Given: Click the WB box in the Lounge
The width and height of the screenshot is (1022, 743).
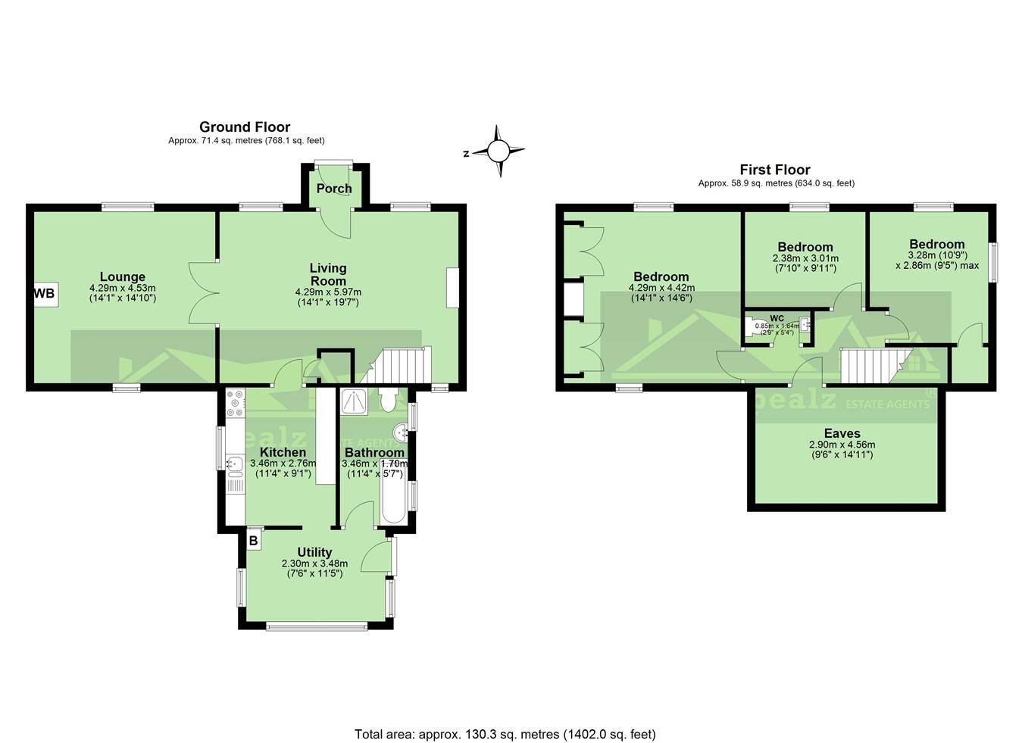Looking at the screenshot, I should point(45,294).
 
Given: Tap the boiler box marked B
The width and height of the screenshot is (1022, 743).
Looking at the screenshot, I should point(254,541).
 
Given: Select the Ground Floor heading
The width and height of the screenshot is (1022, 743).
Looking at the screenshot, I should point(245,127).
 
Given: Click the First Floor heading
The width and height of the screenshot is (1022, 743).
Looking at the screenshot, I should point(775,170).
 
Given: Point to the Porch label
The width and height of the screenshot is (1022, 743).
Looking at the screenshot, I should point(334,189).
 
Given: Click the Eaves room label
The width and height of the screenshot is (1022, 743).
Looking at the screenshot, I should point(842,434).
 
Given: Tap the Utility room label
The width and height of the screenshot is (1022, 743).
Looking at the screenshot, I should point(314,552).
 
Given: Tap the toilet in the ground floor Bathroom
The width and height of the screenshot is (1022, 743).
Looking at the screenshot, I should point(389,400).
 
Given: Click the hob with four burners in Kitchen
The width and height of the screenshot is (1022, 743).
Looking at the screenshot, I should point(235,404).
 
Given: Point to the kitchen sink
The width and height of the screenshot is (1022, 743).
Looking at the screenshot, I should point(234,464).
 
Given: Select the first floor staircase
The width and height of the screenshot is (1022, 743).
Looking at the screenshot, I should point(867,367).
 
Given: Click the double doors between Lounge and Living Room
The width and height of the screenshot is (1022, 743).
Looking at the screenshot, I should point(203,293).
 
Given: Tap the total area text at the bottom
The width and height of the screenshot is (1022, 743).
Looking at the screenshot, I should point(505,734).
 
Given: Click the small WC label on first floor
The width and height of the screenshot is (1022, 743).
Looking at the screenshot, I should point(777,318).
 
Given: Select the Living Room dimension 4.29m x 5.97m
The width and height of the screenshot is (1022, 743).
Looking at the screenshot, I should point(327,292).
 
